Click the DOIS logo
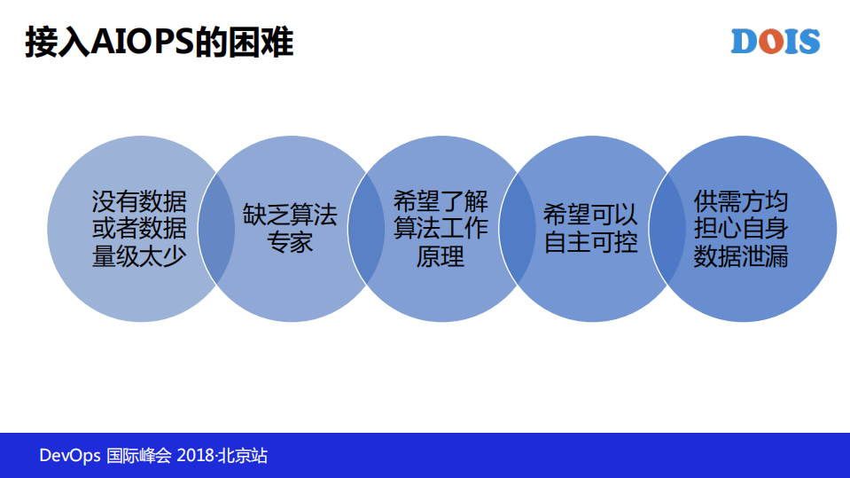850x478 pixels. tap(776, 41)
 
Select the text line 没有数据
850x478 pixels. tap(139, 201)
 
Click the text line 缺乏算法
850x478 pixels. tap(290, 215)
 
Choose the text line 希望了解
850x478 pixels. tap(441, 201)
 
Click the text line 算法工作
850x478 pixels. tap(441, 229)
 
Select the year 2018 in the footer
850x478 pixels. tap(195, 456)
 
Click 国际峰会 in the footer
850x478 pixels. tap(138, 456)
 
